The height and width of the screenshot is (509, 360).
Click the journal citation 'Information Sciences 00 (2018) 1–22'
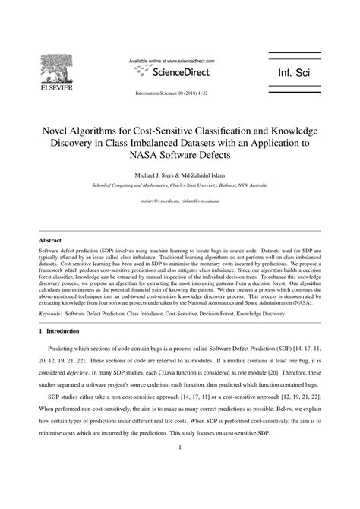pos(172,94)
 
